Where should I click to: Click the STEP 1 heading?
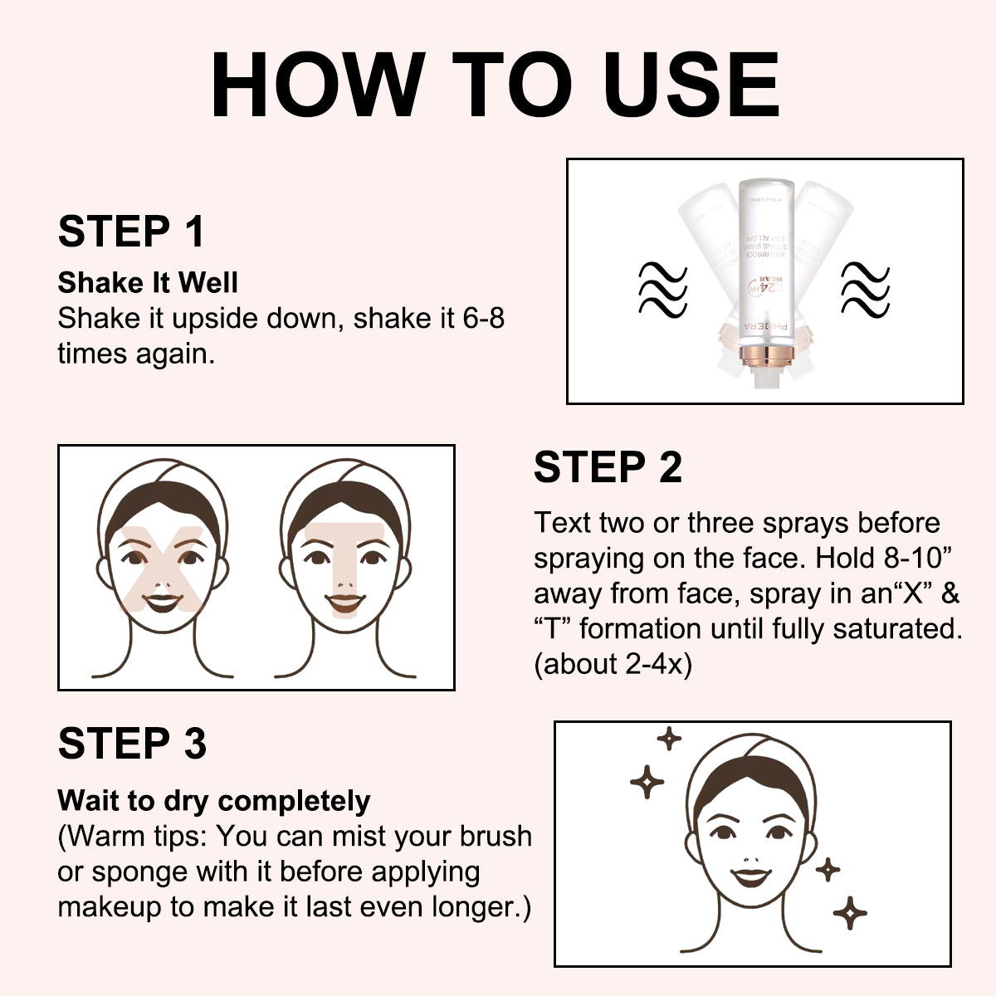click(131, 232)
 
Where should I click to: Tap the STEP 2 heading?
click(608, 467)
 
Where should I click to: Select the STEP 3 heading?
click(132, 743)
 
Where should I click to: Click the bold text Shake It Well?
click(148, 283)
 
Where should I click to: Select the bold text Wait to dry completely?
click(214, 801)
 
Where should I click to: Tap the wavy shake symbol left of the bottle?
click(662, 289)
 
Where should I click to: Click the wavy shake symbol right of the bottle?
click(865, 289)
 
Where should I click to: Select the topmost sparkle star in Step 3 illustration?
click(669, 738)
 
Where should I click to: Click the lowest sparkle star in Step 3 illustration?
click(850, 913)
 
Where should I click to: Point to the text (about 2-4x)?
click(613, 664)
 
